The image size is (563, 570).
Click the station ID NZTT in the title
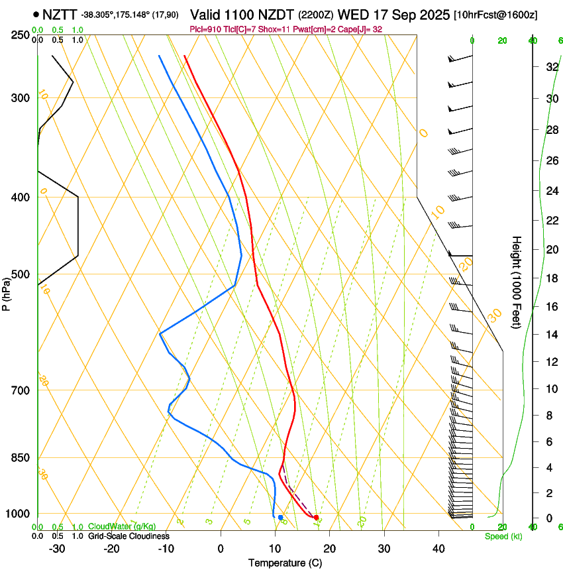point(60,14)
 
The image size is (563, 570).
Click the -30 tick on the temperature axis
point(57,549)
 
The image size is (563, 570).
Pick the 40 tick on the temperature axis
point(438,549)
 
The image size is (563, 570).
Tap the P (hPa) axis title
point(7,292)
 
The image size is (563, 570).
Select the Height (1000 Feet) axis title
point(517,282)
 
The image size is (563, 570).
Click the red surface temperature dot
point(316,517)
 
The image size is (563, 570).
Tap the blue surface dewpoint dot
point(281,517)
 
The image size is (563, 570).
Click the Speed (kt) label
point(503,536)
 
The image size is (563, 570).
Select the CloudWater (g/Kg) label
point(122,527)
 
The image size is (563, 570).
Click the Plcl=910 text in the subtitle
point(207,29)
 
